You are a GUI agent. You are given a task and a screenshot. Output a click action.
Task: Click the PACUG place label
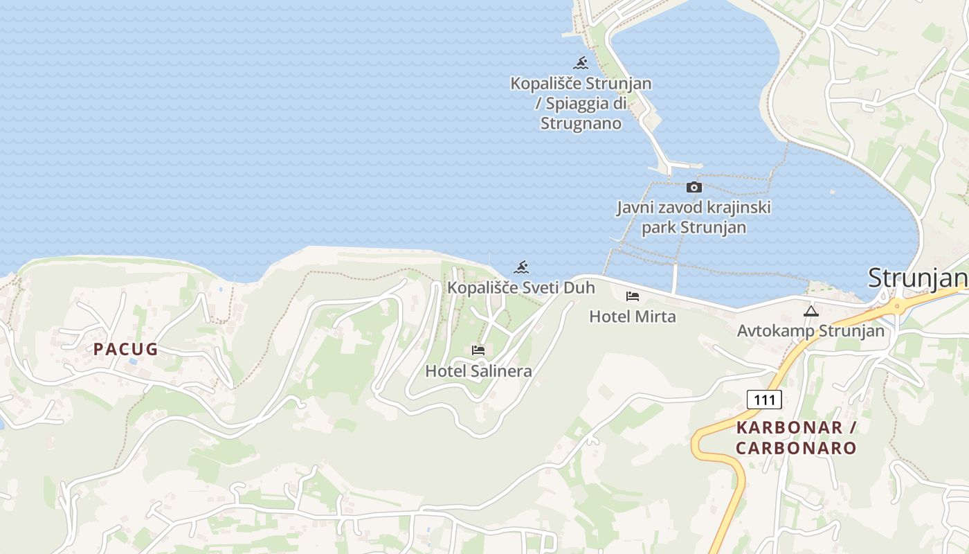126,349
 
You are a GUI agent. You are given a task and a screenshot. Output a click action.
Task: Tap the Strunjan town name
917,278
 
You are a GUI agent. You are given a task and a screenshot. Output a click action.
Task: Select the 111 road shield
764,400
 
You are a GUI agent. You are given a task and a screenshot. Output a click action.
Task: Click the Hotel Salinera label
478,371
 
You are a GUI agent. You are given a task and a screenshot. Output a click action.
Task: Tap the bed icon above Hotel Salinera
478,350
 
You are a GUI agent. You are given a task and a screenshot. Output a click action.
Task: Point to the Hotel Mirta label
632,316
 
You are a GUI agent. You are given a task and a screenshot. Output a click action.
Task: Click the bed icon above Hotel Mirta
632,296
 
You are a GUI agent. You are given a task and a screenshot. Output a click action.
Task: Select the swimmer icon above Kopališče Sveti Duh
521,268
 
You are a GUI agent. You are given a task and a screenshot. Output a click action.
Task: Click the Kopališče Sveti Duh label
521,287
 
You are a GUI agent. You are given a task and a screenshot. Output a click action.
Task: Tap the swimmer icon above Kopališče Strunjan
581,64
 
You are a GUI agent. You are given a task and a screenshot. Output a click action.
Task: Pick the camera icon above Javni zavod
694,188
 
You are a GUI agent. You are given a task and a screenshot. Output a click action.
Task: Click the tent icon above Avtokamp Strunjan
811,312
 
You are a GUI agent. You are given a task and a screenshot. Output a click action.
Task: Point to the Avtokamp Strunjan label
810,331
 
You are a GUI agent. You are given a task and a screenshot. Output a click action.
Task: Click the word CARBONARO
796,448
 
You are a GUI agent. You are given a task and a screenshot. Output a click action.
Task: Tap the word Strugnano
581,124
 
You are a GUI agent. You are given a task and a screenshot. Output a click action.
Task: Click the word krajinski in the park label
736,207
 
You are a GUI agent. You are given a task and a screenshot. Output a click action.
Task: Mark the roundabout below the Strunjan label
897,304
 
